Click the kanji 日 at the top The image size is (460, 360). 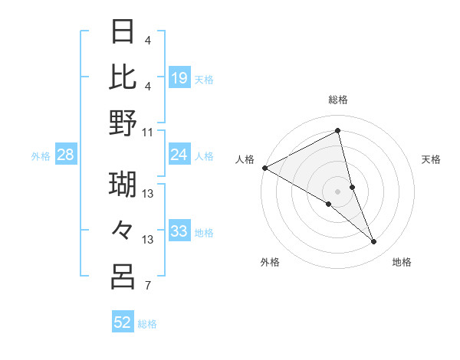(x=123, y=32)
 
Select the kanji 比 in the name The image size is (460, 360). (x=123, y=77)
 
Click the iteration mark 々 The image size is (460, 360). (x=123, y=230)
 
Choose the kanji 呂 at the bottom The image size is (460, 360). (x=123, y=277)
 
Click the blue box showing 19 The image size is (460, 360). (x=179, y=77)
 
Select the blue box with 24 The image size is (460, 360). (x=179, y=155)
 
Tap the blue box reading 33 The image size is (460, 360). (x=179, y=231)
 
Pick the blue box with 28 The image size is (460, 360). (x=66, y=155)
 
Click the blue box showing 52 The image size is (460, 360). (x=123, y=322)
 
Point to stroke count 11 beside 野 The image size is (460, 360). (x=148, y=132)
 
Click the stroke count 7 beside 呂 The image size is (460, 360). (x=147, y=287)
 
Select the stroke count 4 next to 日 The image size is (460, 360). (x=147, y=40)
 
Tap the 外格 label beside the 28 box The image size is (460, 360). (x=41, y=156)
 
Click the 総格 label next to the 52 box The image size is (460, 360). (x=147, y=324)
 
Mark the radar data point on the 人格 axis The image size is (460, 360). (x=264, y=168)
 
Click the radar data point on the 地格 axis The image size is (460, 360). (x=374, y=241)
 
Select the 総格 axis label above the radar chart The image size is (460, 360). (x=338, y=100)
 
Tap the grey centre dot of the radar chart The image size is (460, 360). (x=338, y=191)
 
